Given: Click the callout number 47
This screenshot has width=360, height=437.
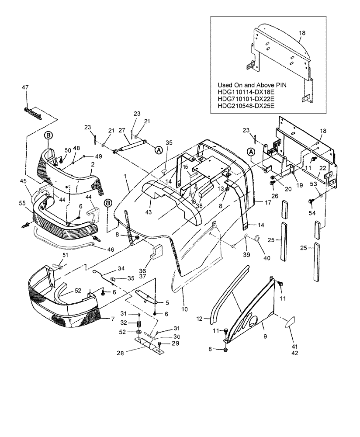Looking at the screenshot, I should click(x=25, y=88).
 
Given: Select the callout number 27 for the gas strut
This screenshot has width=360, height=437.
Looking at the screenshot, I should click(x=122, y=130).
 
